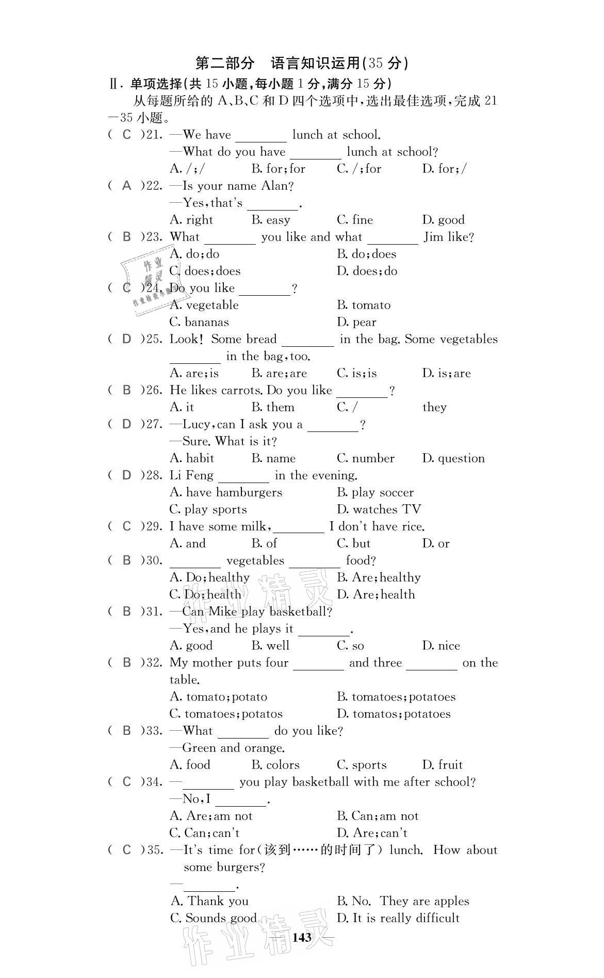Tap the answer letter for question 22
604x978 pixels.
point(127,186)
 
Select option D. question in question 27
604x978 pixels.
point(453,458)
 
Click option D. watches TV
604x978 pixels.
point(379,509)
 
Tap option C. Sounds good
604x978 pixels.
point(213,918)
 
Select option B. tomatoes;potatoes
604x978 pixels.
point(396,697)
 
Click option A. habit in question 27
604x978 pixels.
point(191,458)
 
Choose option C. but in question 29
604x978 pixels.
point(353,543)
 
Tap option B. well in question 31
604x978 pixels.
point(270,646)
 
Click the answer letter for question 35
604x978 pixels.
point(127,850)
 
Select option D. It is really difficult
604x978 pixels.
point(398,918)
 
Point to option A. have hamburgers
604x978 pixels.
point(225,492)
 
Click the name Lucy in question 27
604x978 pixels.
point(198,424)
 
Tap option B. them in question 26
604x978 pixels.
point(273,407)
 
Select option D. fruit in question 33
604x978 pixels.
point(442,765)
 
